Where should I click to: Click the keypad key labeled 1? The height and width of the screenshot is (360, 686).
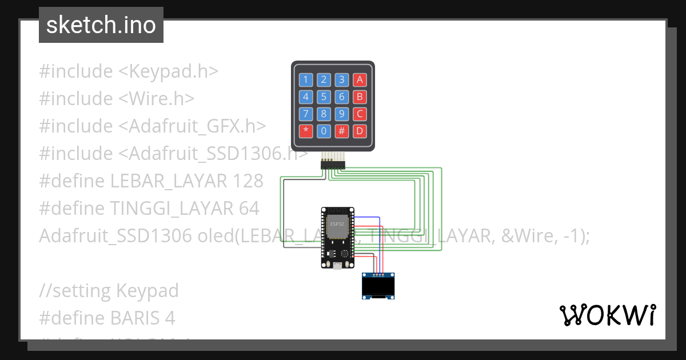pyautogui.click(x=306, y=79)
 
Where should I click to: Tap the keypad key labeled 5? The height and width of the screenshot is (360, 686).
pyautogui.click(x=324, y=97)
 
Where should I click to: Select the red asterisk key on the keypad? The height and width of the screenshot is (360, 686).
pyautogui.click(x=306, y=131)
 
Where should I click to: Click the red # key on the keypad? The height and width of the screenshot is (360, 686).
pyautogui.click(x=342, y=131)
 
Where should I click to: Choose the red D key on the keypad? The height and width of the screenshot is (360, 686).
pyautogui.click(x=360, y=131)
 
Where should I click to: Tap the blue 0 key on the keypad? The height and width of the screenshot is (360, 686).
pyautogui.click(x=324, y=131)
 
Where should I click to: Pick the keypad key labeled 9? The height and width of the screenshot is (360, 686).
pyautogui.click(x=342, y=114)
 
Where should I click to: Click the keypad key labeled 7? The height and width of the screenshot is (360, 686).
pyautogui.click(x=306, y=114)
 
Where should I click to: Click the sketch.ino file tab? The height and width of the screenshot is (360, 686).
pyautogui.click(x=101, y=25)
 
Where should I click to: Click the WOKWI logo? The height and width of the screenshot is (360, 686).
pyautogui.click(x=607, y=315)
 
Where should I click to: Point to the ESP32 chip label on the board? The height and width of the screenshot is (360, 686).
pyautogui.click(x=337, y=223)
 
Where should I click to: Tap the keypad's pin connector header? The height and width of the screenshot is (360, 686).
pyautogui.click(x=333, y=164)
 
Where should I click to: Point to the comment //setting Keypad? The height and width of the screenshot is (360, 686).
pyautogui.click(x=109, y=291)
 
